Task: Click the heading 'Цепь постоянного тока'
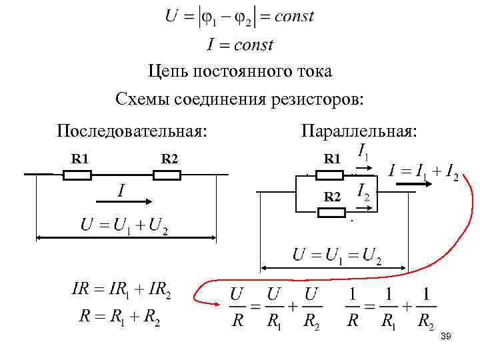click(239, 71)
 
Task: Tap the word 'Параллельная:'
click(359, 130)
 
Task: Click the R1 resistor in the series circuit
click(77, 175)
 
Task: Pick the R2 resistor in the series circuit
click(167, 175)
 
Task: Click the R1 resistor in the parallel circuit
click(329, 175)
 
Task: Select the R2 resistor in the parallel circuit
click(331, 213)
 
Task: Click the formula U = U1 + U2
click(125, 225)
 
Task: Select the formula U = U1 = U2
click(337, 255)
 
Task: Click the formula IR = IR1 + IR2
click(121, 290)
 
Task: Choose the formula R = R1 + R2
click(119, 317)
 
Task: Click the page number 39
click(446, 338)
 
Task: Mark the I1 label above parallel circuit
click(365, 152)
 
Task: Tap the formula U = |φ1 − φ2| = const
click(239, 17)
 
